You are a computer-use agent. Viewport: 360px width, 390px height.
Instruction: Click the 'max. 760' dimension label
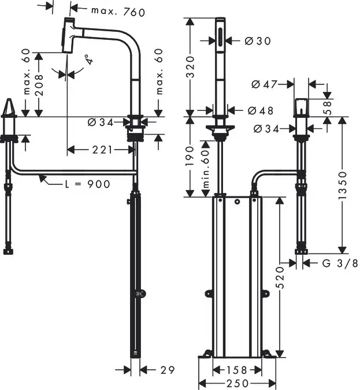(118, 12)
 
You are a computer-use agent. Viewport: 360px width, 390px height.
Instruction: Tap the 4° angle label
(88, 61)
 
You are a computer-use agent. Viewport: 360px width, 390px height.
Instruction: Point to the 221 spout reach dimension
(102, 150)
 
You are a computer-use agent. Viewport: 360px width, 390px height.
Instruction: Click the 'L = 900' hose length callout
(87, 184)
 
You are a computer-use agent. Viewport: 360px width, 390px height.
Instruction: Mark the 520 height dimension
(280, 276)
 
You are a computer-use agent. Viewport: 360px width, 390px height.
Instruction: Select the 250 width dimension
(237, 383)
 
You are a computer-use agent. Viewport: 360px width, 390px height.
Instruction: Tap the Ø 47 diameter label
(264, 84)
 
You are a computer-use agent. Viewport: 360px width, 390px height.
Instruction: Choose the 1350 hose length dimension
(343, 185)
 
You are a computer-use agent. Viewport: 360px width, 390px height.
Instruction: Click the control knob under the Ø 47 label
(299, 107)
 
